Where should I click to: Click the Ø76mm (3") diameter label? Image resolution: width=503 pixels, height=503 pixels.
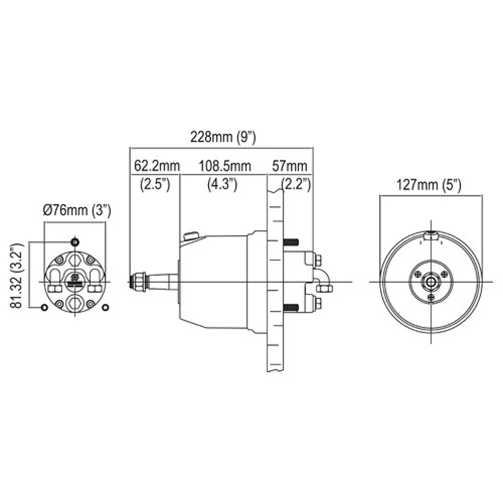(x=77, y=209)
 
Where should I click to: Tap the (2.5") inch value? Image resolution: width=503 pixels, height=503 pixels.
(x=155, y=184)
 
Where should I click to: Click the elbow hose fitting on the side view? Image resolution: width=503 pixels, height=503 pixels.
(x=322, y=282)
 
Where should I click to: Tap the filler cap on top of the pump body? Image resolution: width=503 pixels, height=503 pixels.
(x=191, y=235)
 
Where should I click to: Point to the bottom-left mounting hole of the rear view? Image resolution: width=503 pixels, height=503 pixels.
(x=44, y=307)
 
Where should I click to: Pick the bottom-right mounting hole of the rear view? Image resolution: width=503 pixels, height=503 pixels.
(x=105, y=307)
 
